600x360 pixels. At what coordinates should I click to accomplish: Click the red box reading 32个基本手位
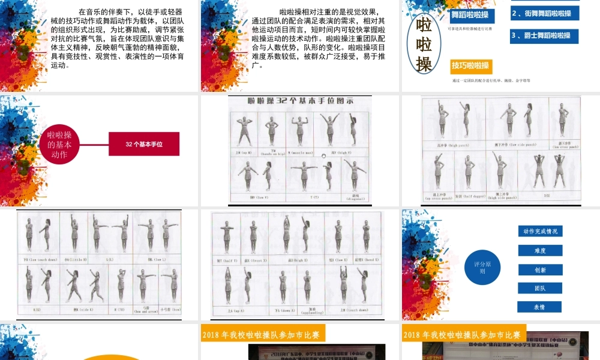click(x=144, y=144)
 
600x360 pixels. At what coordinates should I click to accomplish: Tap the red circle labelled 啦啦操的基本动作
click(x=59, y=144)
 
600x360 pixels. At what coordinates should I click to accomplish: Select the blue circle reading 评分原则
click(x=482, y=267)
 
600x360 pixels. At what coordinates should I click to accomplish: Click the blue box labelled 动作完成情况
click(x=540, y=231)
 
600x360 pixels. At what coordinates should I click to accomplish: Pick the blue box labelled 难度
click(x=540, y=251)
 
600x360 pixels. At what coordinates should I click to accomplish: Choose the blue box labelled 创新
click(x=540, y=270)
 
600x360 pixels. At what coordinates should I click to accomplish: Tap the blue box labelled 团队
click(x=540, y=288)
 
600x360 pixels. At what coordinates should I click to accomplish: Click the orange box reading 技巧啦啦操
click(x=470, y=66)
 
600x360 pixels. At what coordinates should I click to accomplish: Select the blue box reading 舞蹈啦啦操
click(x=470, y=15)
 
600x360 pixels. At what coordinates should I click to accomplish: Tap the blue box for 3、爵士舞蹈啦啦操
click(x=544, y=35)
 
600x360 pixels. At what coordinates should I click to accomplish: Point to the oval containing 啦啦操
click(x=424, y=44)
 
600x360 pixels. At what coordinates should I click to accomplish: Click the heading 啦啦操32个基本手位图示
click(x=299, y=101)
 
